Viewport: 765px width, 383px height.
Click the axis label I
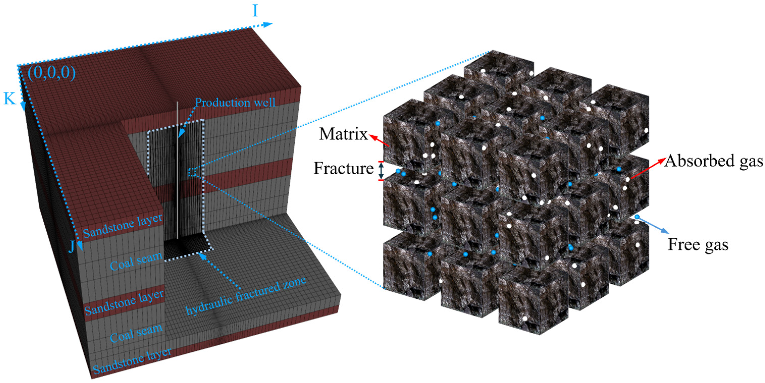tap(255, 11)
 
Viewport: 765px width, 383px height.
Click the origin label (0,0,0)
tap(52, 73)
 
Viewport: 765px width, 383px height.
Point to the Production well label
tap(235, 103)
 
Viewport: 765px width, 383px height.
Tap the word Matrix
tap(343, 134)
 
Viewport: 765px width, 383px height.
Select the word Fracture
tap(343, 168)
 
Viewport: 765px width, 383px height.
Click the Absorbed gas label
tap(713, 161)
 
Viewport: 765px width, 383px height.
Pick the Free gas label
tap(698, 245)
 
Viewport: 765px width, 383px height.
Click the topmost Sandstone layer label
tap(123, 226)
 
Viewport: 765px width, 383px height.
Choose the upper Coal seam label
tap(136, 261)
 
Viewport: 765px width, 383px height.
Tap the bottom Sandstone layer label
tap(132, 361)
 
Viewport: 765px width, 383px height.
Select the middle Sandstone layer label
tap(124, 303)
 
